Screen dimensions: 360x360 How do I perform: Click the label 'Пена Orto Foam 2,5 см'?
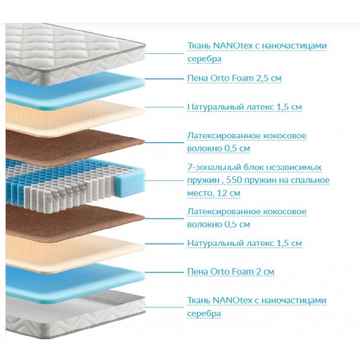[234, 79]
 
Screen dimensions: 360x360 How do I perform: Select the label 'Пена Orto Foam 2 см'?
[230, 272]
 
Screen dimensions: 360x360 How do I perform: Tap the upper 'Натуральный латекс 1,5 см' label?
[244, 107]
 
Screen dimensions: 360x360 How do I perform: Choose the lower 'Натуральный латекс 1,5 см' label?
[244, 243]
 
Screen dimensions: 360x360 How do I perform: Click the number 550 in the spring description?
[234, 180]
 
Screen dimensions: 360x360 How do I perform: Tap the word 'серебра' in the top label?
[204, 59]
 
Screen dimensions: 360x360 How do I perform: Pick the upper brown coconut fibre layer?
[74, 146]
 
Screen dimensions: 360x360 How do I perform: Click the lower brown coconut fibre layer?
[74, 221]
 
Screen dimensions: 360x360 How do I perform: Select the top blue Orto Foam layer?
[74, 90]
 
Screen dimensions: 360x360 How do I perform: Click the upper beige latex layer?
[74, 118]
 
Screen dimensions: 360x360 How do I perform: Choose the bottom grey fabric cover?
[74, 313]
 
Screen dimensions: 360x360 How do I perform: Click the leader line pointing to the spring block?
[164, 180]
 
